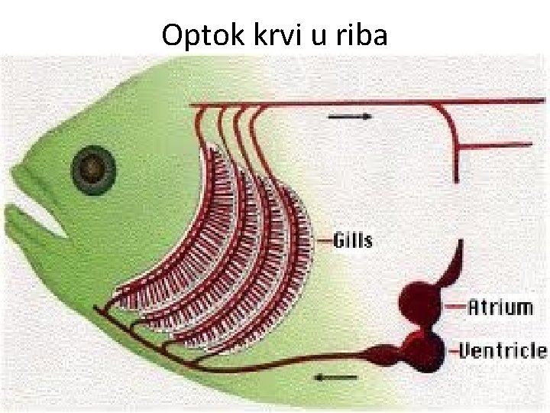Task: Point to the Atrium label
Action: pos(500,307)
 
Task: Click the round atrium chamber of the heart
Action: pos(420,301)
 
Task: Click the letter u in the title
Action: pos(320,35)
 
